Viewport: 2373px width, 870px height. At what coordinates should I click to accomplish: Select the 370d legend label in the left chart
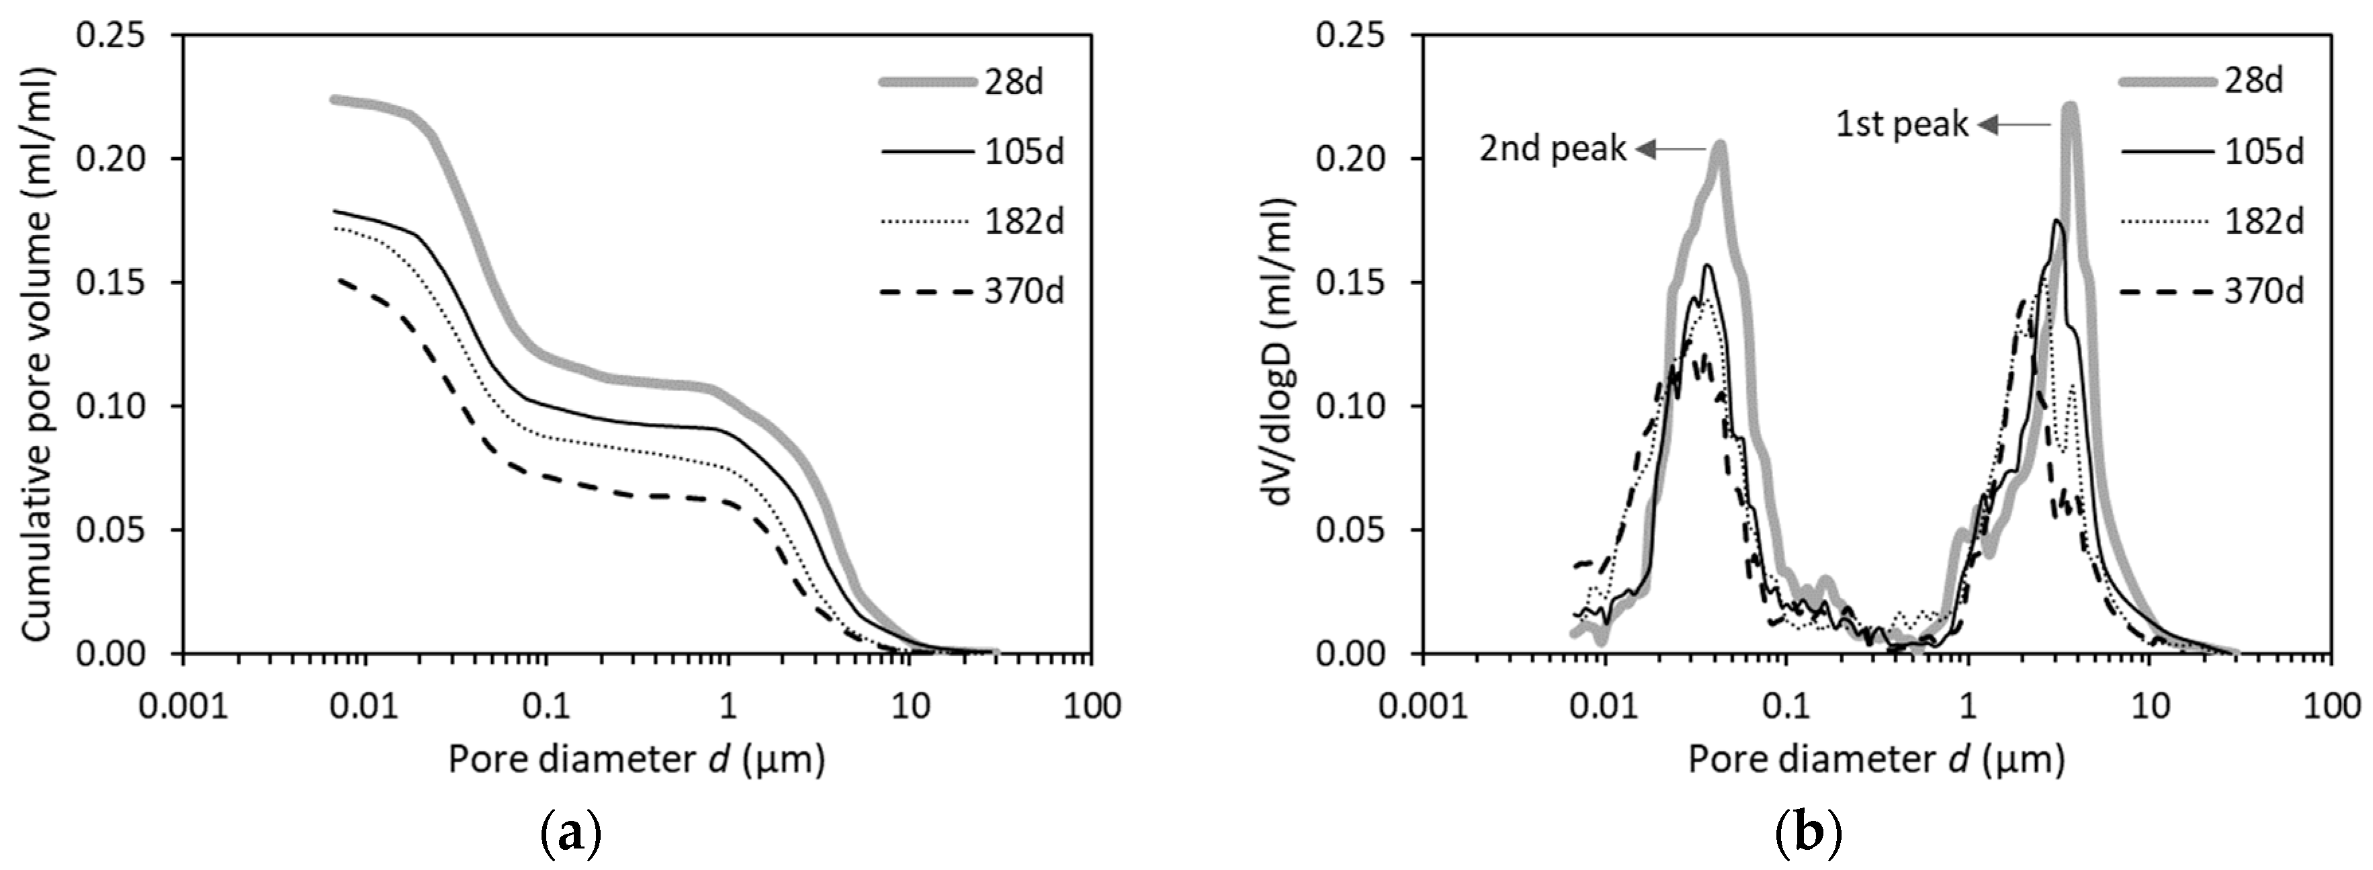click(x=1023, y=292)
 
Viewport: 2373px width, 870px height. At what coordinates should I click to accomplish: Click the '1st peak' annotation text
click(x=1902, y=124)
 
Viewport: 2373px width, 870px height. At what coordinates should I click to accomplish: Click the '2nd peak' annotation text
click(x=1553, y=149)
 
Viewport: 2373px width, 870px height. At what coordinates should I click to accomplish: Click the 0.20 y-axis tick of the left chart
click(x=112, y=159)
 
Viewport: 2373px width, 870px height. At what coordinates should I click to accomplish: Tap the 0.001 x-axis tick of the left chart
click(x=181, y=706)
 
